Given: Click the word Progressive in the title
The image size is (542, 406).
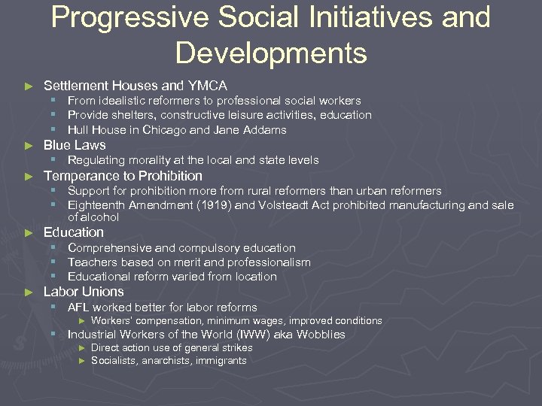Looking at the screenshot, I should pyautogui.click(x=128, y=17).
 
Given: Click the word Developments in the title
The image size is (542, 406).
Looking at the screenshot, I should pyautogui.click(x=271, y=53).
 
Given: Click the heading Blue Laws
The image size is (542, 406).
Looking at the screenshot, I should pyautogui.click(x=75, y=145).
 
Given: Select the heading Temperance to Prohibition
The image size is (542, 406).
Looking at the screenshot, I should pyautogui.click(x=123, y=176).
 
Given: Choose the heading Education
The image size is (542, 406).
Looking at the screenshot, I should pyautogui.click(x=74, y=232).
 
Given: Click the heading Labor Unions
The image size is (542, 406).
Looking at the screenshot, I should pyautogui.click(x=84, y=292).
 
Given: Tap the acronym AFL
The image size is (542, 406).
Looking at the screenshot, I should pyautogui.click(x=78, y=307).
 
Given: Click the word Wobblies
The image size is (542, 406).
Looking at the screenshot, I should pyautogui.click(x=321, y=335).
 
